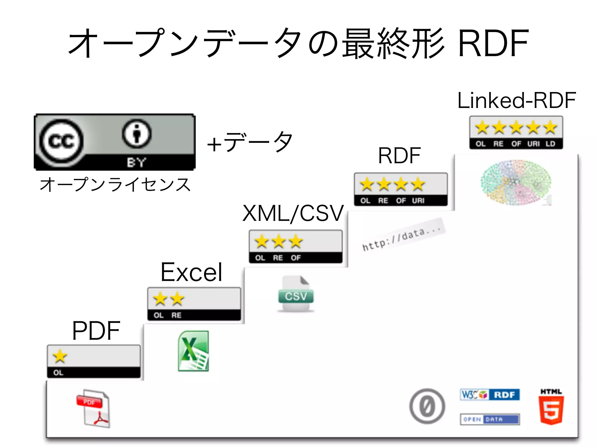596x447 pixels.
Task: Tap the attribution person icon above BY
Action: [137, 134]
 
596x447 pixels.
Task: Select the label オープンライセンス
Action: [115, 185]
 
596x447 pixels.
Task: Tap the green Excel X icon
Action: [193, 351]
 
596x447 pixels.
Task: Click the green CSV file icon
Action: [296, 294]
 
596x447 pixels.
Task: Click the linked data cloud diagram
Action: [516, 182]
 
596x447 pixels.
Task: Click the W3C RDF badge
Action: [490, 395]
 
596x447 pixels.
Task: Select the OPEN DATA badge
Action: [490, 419]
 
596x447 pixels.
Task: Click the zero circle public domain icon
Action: [427, 406]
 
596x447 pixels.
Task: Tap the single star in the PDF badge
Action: [60, 356]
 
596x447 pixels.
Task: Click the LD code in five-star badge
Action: [550, 144]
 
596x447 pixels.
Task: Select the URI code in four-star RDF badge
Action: [418, 201]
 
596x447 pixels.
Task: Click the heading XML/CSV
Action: [293, 213]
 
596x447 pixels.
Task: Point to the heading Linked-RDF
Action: [517, 100]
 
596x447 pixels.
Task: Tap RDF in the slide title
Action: [493, 44]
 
